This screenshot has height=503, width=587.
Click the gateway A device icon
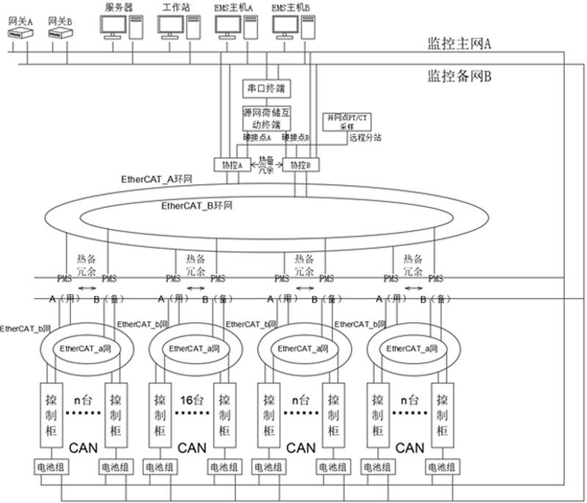19,34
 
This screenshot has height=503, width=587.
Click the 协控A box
232,165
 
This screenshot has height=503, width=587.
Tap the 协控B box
301,165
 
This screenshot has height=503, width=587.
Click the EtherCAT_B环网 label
197,206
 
